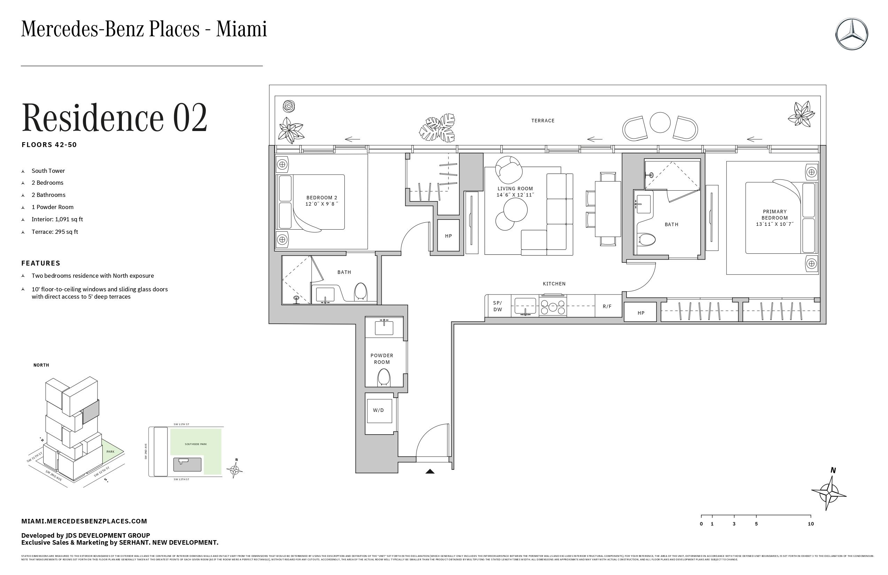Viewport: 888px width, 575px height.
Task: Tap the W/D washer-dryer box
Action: pos(379,411)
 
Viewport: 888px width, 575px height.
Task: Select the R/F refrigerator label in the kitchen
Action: pos(607,307)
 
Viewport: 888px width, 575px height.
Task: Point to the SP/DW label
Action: pos(498,306)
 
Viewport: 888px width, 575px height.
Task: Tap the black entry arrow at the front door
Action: pos(430,472)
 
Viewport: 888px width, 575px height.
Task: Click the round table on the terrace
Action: pos(660,122)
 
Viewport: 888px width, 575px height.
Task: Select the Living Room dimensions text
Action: pos(515,195)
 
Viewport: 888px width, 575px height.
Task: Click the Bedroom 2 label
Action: pos(322,198)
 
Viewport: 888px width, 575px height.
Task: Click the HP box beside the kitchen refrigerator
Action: pos(641,313)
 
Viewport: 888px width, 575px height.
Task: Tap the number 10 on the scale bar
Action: pos(811,524)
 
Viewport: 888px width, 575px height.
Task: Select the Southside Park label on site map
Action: pos(196,444)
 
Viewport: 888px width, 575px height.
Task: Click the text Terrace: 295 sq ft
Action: pos(55,232)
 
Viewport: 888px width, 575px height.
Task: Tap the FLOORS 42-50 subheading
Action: pos(49,145)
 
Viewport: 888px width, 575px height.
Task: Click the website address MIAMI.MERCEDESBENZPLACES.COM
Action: pos(84,521)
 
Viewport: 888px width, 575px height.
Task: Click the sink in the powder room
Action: pos(384,328)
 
